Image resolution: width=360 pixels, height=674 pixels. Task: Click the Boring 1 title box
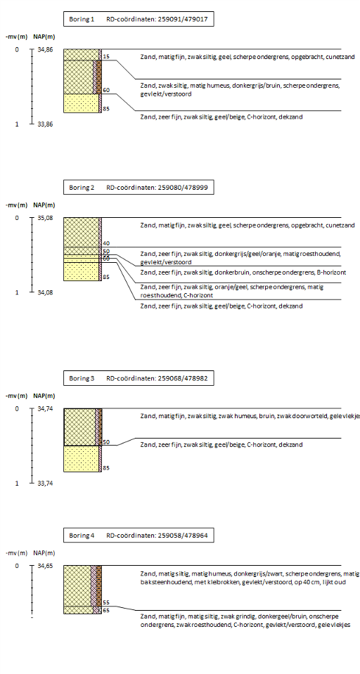[x=139, y=20]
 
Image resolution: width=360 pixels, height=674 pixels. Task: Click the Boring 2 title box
[x=139, y=188]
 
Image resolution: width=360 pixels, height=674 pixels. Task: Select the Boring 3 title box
[x=139, y=378]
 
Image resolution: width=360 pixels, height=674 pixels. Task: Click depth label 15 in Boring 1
[x=106, y=56]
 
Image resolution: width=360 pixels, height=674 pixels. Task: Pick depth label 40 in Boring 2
[x=106, y=243]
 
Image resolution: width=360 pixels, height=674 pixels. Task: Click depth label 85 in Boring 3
[x=106, y=467]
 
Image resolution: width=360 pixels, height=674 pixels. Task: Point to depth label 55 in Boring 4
[x=106, y=602]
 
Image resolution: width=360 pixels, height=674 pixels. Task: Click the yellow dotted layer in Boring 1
[x=82, y=103]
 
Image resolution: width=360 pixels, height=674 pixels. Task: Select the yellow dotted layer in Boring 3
[x=82, y=459]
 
